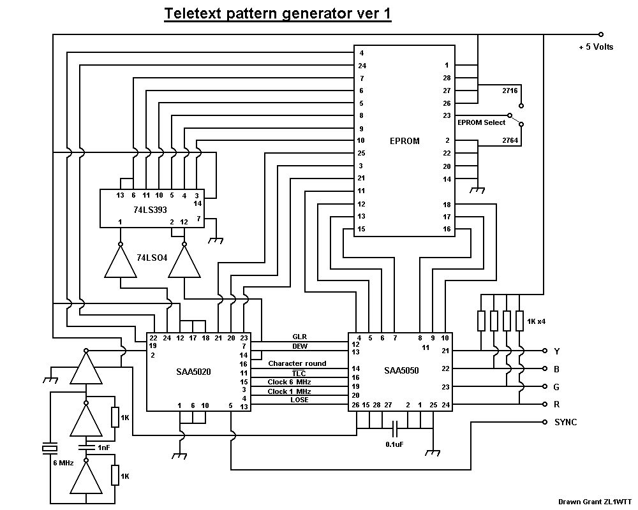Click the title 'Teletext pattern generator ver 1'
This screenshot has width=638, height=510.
point(278,14)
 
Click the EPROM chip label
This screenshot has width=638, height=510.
point(404,141)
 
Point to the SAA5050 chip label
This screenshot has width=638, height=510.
point(401,370)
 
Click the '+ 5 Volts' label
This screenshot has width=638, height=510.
point(596,47)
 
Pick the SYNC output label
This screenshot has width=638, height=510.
point(565,422)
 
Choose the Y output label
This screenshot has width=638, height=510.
point(557,351)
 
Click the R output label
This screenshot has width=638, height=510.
point(557,404)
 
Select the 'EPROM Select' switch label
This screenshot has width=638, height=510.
point(481,122)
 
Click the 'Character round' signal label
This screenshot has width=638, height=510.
point(297,363)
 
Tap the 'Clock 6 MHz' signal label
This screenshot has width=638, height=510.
point(290,382)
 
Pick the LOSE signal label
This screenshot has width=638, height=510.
point(299,400)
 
